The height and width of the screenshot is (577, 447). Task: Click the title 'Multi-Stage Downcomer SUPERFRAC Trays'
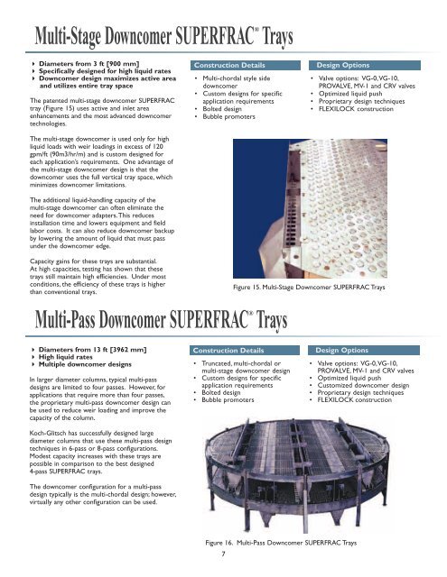click(x=163, y=36)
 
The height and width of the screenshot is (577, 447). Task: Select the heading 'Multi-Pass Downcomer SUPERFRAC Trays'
click(x=161, y=319)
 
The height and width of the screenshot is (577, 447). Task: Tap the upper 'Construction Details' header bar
click(x=246, y=66)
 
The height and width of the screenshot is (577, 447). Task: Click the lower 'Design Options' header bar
click(x=364, y=351)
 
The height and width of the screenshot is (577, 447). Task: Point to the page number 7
click(x=223, y=554)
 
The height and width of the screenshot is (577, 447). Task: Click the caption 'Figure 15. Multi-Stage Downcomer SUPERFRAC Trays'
click(x=309, y=287)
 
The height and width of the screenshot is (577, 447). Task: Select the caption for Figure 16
click(x=281, y=543)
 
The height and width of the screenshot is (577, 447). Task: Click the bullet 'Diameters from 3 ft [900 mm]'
click(x=88, y=64)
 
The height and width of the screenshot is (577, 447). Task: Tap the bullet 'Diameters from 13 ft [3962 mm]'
click(x=92, y=350)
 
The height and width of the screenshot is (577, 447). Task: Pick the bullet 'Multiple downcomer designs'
click(x=85, y=364)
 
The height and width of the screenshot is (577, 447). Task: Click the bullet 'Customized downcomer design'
click(x=363, y=385)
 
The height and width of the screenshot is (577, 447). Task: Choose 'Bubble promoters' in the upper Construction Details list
click(x=228, y=116)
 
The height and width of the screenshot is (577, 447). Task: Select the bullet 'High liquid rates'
click(x=66, y=357)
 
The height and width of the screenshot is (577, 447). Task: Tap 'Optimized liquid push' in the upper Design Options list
click(x=350, y=94)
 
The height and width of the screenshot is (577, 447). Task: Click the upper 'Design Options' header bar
click(x=365, y=66)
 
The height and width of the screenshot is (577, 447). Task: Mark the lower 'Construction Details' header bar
click(x=245, y=351)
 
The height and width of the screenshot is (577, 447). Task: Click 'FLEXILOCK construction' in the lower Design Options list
click(x=355, y=400)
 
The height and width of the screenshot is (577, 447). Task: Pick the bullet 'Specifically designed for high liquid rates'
click(x=105, y=71)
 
